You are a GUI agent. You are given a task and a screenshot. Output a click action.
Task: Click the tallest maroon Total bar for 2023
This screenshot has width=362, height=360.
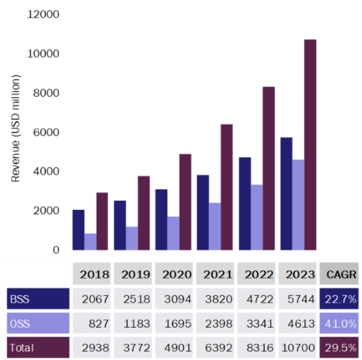point(311,144)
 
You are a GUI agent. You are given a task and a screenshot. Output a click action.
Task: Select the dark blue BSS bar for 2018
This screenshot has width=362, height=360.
point(78,230)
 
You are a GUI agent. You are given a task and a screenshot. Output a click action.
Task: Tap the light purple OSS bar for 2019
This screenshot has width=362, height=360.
point(132,238)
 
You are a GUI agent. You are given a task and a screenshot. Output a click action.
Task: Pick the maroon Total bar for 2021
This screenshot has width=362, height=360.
point(227,187)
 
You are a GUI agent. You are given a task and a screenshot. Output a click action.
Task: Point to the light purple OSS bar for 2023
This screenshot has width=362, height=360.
point(298,205)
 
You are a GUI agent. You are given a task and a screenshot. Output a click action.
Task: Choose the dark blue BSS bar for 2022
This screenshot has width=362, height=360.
point(244,204)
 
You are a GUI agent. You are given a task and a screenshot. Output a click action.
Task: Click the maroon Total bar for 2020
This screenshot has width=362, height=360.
point(186,202)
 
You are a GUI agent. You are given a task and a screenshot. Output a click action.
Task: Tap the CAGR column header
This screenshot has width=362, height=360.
point(339,275)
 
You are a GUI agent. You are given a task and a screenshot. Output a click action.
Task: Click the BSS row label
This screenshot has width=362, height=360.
point(38,299)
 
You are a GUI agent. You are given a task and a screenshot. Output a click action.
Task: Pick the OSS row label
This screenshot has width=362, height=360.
point(38,324)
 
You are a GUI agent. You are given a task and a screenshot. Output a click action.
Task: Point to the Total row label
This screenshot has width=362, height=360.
point(38,348)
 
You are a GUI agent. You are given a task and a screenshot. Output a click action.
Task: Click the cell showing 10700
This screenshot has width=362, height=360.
point(298,348)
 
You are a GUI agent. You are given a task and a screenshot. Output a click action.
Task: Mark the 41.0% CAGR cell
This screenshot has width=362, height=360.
point(339,324)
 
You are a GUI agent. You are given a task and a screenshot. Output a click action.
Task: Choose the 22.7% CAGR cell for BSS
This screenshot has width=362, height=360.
point(339,299)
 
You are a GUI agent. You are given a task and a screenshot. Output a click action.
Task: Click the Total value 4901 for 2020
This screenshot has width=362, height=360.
point(175,348)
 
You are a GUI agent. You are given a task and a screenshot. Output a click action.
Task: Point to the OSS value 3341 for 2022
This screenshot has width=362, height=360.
point(257,324)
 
